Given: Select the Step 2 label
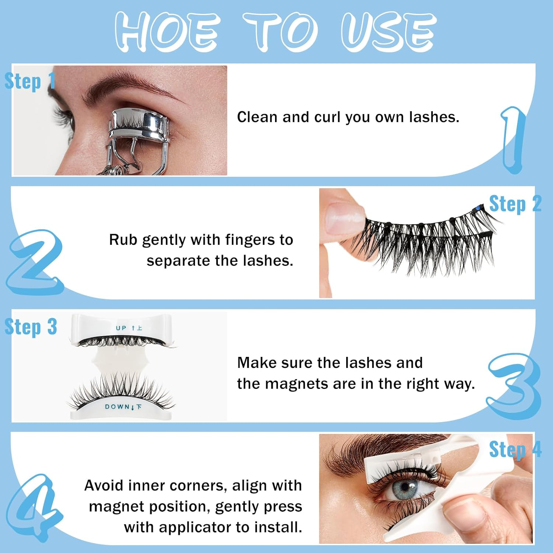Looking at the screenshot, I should coord(515,204).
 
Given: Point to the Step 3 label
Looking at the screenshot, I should coord(31,327).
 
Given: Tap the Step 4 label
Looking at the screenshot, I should coord(515,449).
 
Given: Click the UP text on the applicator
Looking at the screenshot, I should coord(121,328).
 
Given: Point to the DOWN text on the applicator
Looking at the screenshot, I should coord(117,407).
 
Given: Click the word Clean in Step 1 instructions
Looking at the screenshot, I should coord(257,117).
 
